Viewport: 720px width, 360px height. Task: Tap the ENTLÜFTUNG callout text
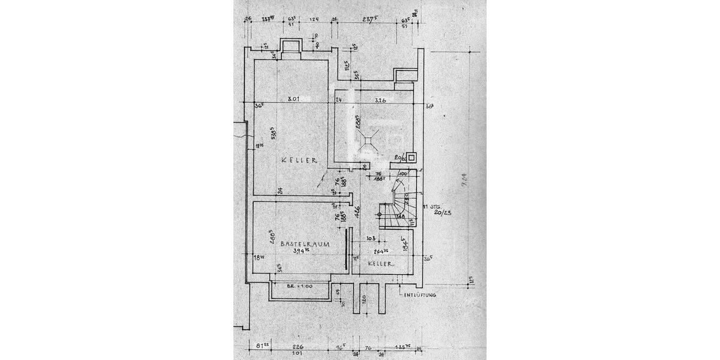(x=419, y=296)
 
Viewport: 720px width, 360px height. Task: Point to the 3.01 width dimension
(x=293, y=99)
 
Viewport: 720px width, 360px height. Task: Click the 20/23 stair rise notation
(x=443, y=212)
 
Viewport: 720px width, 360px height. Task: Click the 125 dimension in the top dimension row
(x=313, y=19)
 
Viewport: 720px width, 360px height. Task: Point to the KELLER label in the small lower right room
(x=380, y=263)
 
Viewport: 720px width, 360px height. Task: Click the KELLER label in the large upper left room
(x=295, y=160)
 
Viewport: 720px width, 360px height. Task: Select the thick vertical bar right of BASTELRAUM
(x=346, y=251)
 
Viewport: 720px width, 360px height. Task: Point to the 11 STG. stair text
(x=433, y=205)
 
